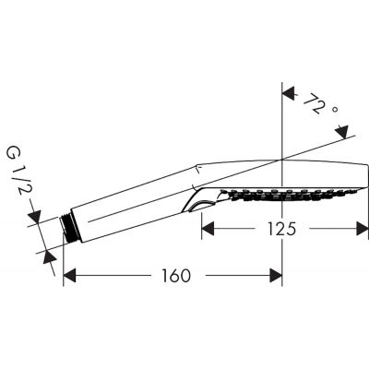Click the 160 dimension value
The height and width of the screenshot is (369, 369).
(x=173, y=275)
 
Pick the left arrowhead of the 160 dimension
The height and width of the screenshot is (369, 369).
(x=70, y=275)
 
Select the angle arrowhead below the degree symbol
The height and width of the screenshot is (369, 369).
(x=344, y=135)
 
